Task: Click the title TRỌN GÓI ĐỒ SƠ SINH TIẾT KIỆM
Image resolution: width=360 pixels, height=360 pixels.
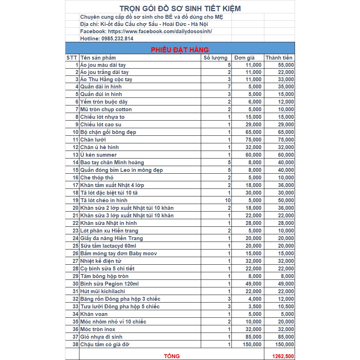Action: click(180, 8)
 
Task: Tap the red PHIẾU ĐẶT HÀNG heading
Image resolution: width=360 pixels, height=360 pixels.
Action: click(180, 49)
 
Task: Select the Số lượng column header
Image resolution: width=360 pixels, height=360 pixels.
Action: click(216, 58)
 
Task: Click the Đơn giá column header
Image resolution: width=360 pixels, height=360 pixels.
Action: click(244, 58)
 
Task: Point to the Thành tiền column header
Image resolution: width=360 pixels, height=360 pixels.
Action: click(279, 58)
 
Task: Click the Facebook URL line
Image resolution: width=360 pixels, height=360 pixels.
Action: click(146, 31)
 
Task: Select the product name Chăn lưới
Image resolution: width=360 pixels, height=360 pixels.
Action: click(93, 140)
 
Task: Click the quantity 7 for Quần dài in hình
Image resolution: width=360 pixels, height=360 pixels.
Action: click(229, 87)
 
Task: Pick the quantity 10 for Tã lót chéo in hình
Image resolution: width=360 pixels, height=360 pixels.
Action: click(227, 200)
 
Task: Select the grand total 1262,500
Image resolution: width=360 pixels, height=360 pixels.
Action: click(283, 356)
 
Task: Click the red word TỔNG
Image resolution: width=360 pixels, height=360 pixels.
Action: click(172, 356)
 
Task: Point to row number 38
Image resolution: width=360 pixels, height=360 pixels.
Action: click(75, 344)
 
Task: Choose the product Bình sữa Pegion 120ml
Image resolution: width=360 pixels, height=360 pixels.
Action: click(109, 284)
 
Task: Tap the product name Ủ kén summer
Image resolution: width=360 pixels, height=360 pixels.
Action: click(98, 155)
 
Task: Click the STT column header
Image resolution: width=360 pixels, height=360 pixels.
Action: click(72, 58)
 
